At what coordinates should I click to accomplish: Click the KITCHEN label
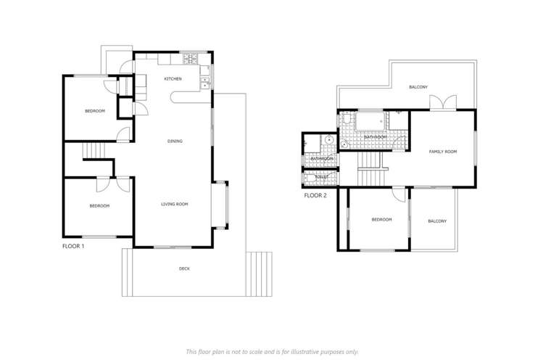coord(173,78)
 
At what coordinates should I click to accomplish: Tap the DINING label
coord(175,141)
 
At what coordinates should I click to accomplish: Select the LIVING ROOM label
coord(175,205)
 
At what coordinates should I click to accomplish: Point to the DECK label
coord(185,268)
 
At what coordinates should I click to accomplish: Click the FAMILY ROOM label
coord(443,152)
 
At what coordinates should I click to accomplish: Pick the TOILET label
coord(322,177)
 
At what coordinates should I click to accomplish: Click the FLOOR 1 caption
coord(74,247)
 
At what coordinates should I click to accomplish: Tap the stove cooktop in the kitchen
coord(191,59)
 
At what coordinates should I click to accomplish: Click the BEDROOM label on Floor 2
coord(381,219)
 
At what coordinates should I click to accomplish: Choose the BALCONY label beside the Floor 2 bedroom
coord(437,221)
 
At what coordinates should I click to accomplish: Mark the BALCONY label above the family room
coord(418,87)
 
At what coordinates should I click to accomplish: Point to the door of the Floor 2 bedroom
coord(399,194)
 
